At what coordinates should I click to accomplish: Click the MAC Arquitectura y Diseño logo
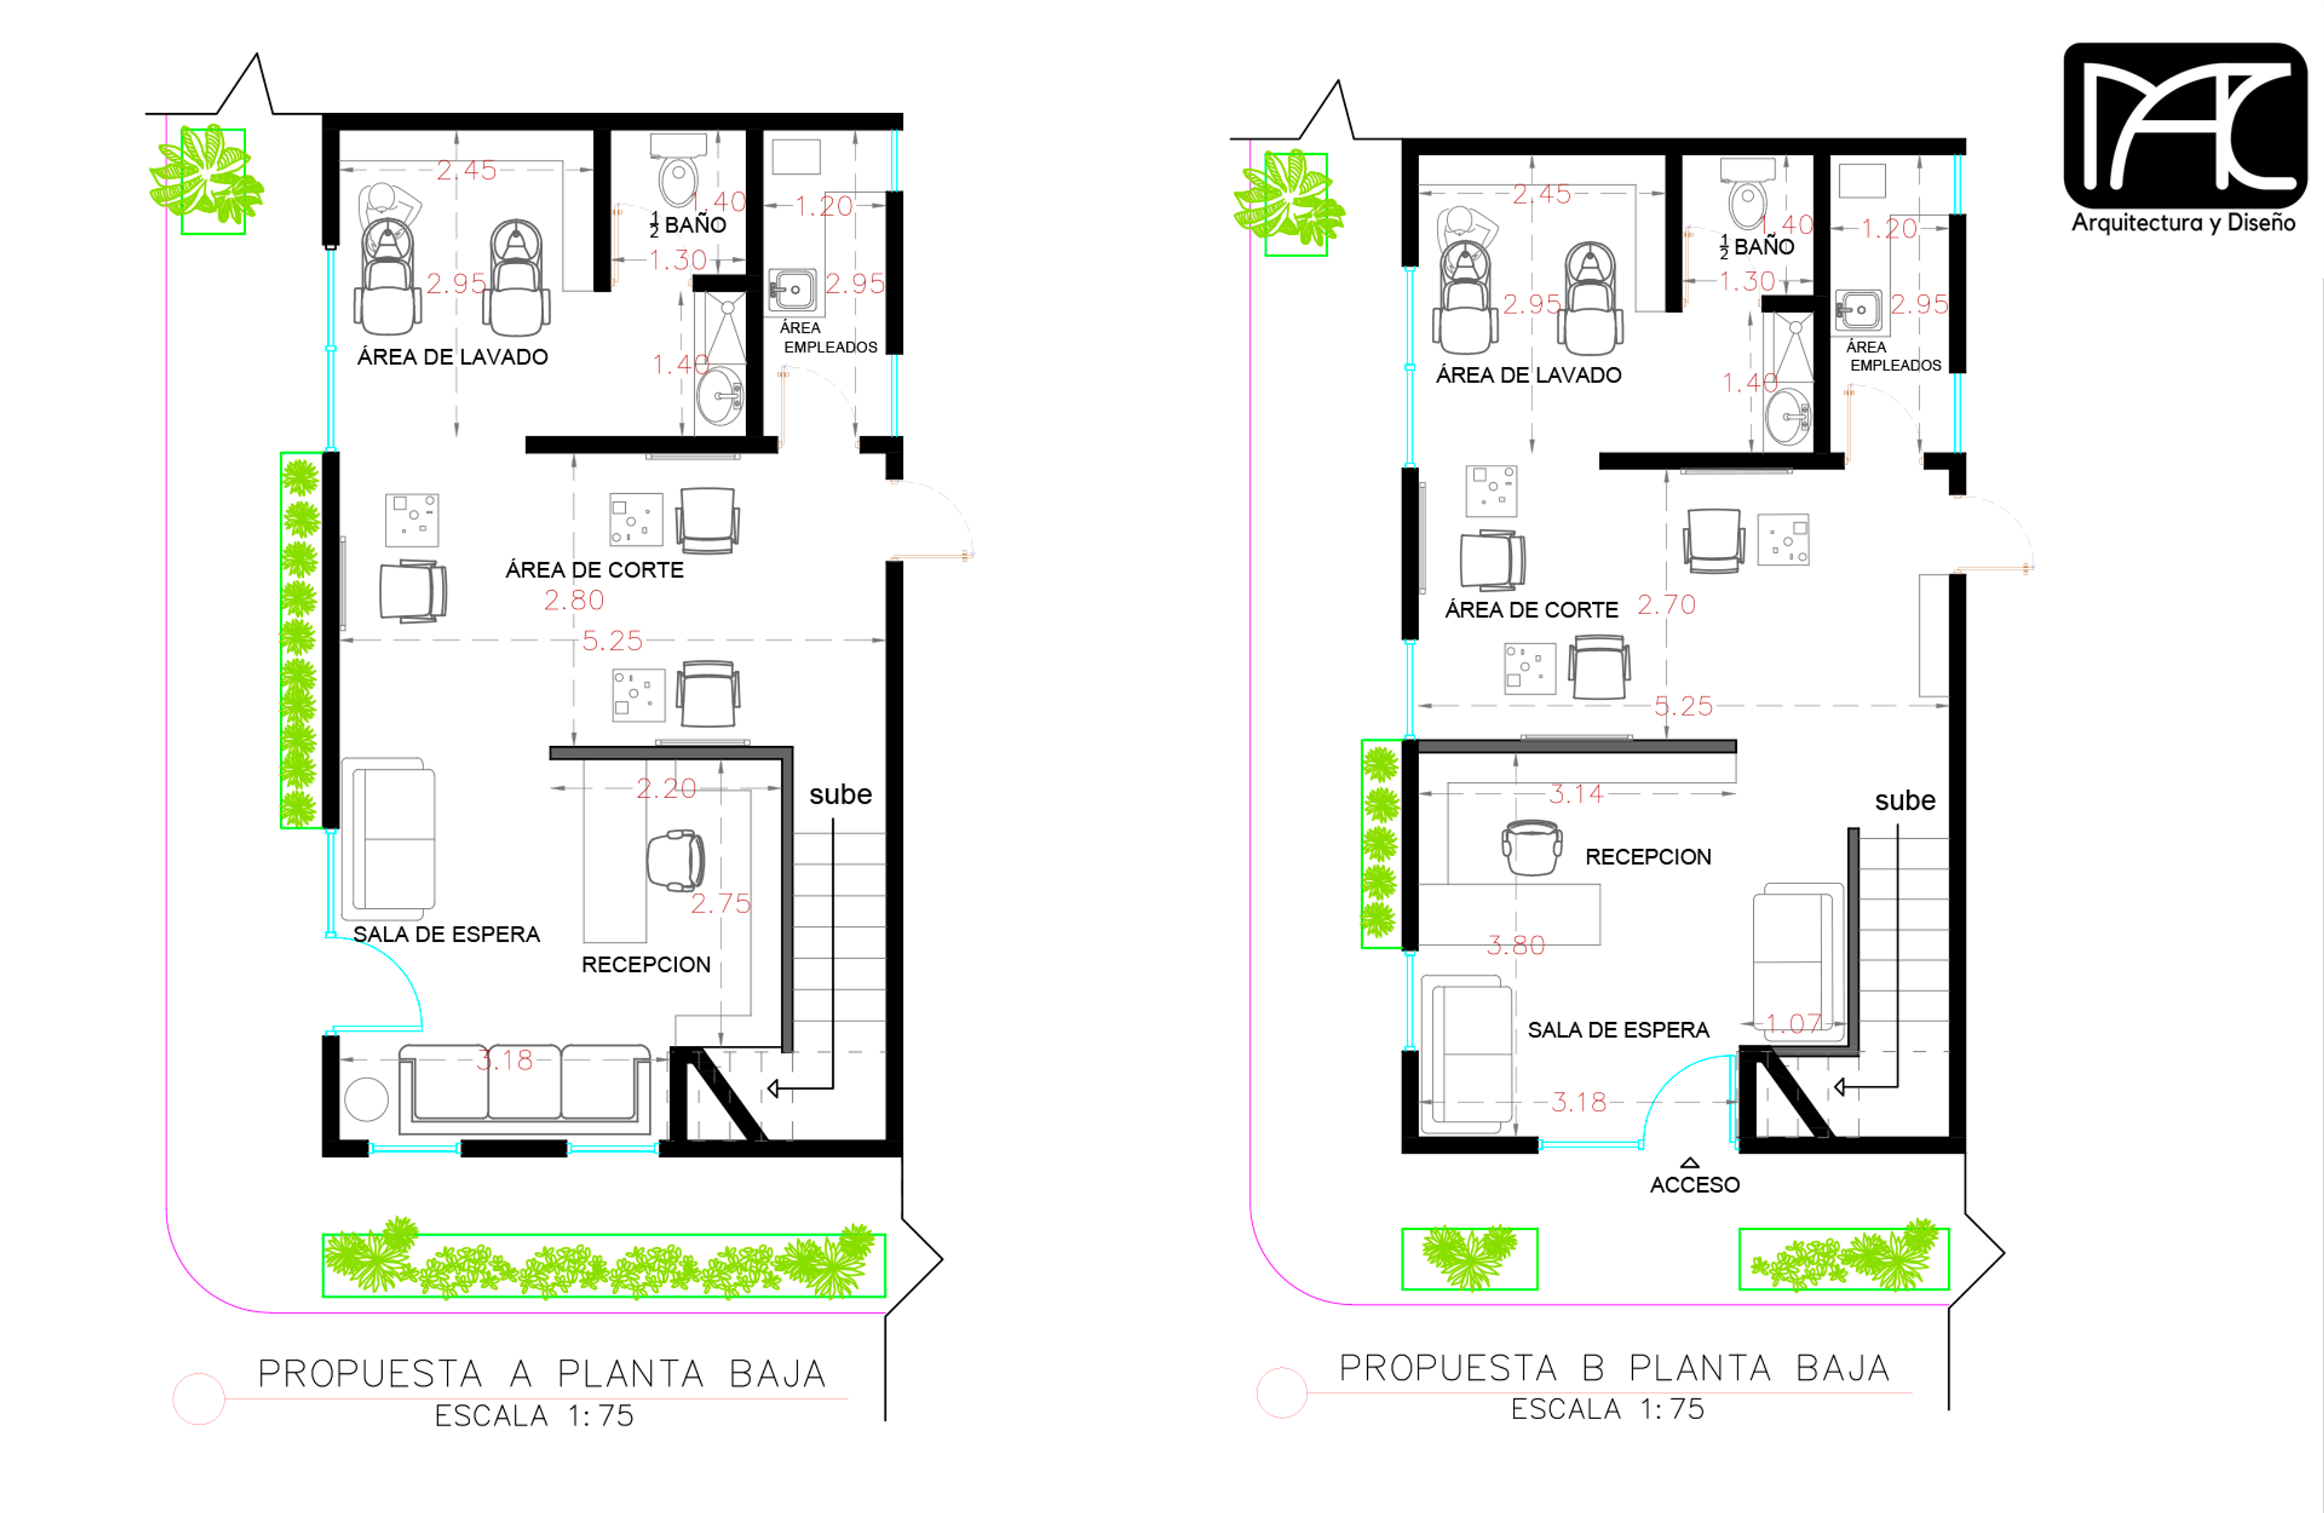pos(2184,138)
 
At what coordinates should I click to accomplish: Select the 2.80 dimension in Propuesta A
pos(574,600)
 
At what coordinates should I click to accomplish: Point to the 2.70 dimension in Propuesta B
pos(1666,605)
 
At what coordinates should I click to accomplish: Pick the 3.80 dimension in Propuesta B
pos(1515,945)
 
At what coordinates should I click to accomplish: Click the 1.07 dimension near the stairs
pos(1794,1023)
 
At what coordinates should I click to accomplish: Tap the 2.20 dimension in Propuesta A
pos(666,788)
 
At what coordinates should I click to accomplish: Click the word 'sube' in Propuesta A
pos(840,794)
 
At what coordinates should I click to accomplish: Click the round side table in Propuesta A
pos(366,1099)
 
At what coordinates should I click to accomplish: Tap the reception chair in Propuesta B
pos(1531,847)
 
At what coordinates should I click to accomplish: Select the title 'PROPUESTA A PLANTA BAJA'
pos(542,1373)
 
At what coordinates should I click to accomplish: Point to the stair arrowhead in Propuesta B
pos(1840,1087)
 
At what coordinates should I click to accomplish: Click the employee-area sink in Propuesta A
pos(792,290)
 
